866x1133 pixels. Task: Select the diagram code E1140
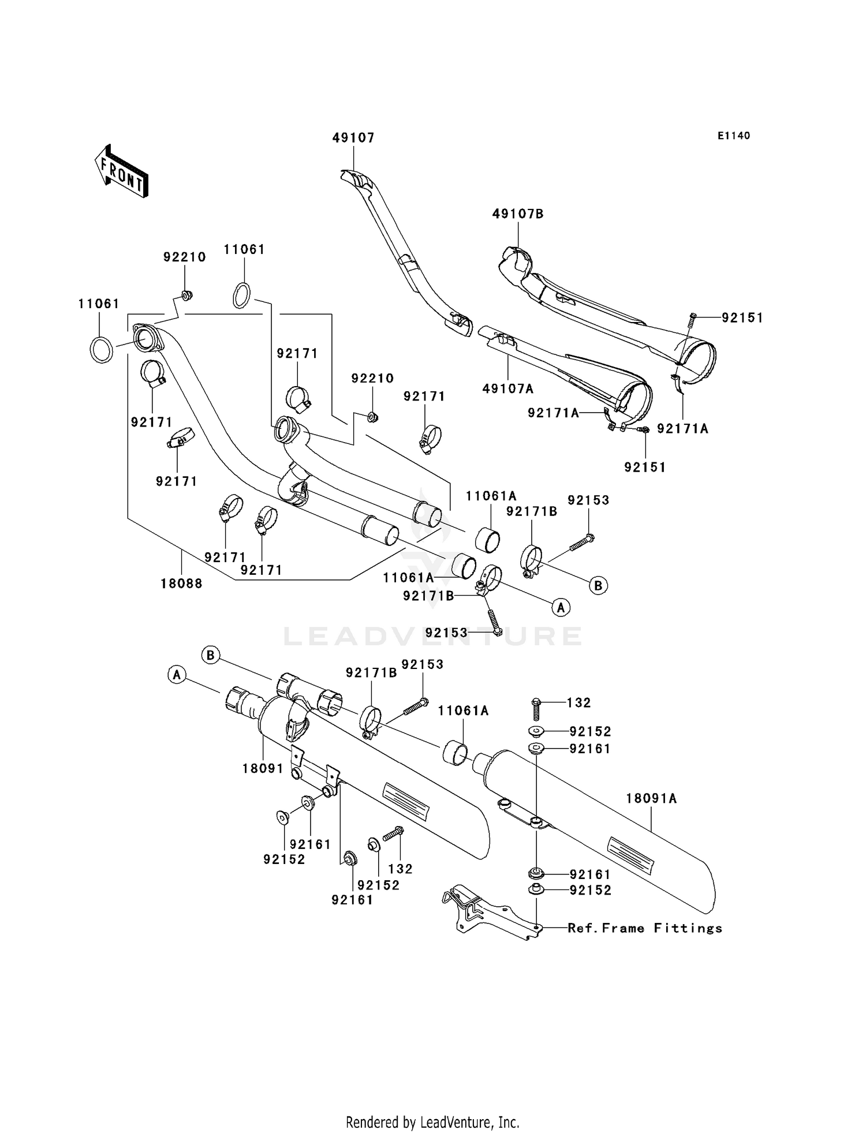(x=734, y=136)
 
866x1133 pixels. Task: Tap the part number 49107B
(x=518, y=214)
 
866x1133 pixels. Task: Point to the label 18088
(x=181, y=584)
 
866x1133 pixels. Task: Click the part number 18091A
(x=651, y=798)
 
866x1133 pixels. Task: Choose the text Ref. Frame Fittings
(x=645, y=928)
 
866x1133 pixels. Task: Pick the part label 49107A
(x=508, y=388)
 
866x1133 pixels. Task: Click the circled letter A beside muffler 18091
(x=177, y=674)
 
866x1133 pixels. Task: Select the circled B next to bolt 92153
(x=598, y=585)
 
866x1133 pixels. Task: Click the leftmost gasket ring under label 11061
(x=102, y=349)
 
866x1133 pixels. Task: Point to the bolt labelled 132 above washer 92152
(x=536, y=709)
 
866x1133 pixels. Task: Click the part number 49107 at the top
(x=353, y=137)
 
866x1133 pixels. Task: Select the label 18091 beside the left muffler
(x=263, y=768)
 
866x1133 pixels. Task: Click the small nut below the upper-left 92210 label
(x=186, y=296)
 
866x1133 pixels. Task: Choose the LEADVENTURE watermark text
(x=432, y=636)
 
